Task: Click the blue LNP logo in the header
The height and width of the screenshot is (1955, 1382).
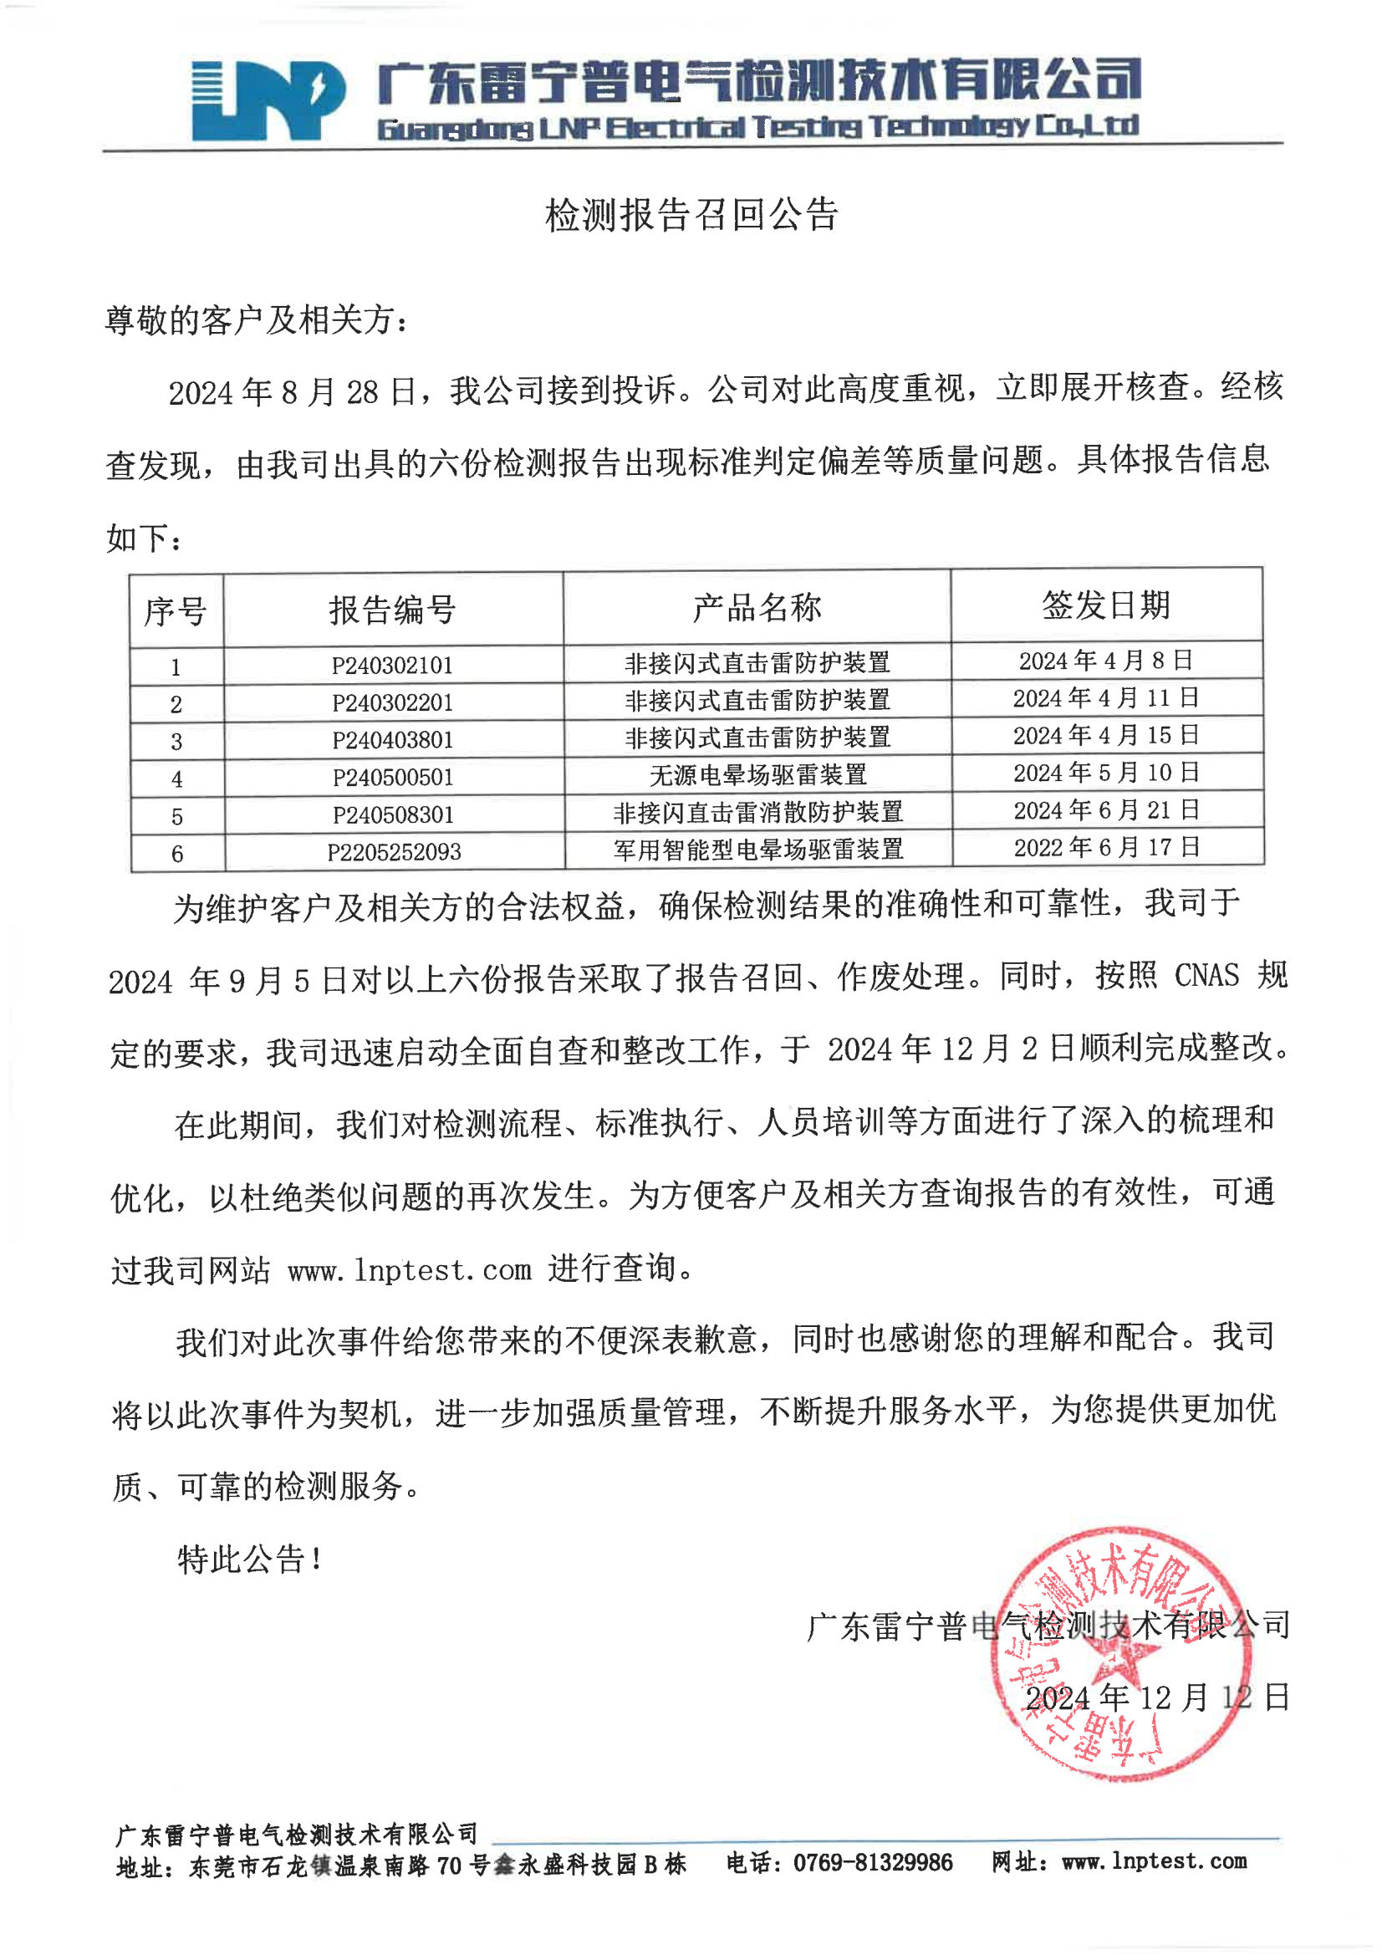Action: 268,100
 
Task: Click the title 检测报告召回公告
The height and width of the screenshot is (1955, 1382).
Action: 691,215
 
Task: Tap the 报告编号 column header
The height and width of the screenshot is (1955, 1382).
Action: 393,610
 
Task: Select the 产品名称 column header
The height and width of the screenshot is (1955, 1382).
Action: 756,607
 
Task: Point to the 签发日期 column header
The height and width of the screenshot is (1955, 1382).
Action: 1106,605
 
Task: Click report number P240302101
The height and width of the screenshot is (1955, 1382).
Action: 393,665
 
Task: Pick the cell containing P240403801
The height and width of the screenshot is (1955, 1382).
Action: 393,740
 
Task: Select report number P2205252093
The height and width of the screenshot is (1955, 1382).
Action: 395,851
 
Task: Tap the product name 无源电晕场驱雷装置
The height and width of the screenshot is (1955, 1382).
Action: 757,775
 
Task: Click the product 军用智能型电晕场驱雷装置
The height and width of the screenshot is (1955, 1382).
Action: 757,849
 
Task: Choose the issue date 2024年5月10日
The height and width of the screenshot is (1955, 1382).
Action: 1106,773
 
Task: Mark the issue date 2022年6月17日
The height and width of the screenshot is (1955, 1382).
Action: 1106,847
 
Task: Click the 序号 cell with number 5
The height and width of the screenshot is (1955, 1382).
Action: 177,817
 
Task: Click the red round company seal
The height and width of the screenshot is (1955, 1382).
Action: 1120,1656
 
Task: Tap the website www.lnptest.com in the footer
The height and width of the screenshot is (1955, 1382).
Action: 1154,1861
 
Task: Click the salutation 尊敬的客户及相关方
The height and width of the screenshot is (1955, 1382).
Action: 256,320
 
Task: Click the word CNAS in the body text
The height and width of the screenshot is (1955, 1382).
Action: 1206,976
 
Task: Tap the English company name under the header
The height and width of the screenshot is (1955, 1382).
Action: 757,128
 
